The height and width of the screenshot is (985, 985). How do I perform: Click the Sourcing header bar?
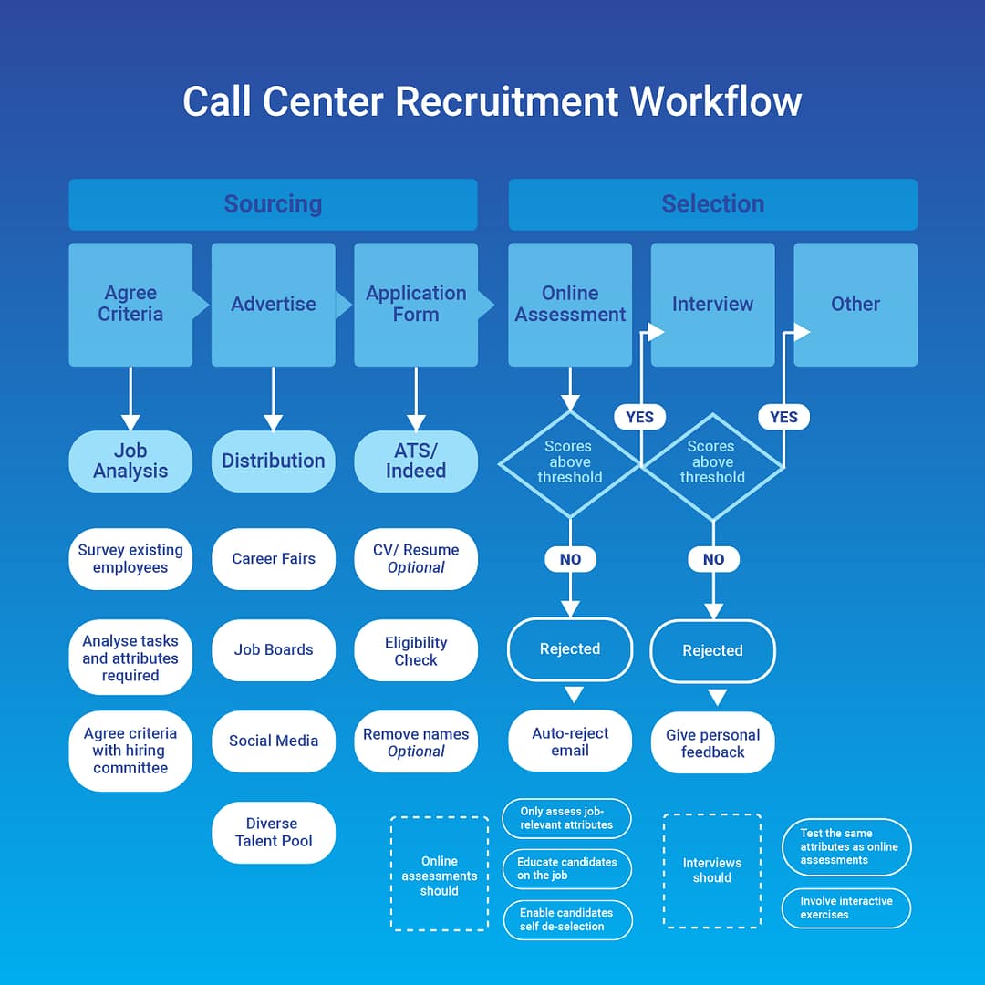pos(273,203)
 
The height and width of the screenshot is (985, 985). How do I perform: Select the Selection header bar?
pos(712,203)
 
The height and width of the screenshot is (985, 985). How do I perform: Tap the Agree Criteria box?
pos(130,304)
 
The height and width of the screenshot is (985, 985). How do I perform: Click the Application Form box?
pos(416,304)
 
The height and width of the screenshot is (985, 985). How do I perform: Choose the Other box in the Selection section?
pos(855,304)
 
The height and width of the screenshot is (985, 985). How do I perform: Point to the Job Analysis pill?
pos(130,461)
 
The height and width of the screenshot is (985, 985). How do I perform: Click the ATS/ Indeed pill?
pos(416,461)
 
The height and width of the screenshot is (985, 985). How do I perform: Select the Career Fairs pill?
pos(274,558)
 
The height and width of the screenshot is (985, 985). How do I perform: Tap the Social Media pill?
pos(274,741)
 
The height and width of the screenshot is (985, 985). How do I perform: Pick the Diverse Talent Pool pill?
pos(274,832)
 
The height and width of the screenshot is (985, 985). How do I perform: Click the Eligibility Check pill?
pos(416,650)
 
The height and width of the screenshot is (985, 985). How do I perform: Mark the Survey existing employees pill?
pos(130,558)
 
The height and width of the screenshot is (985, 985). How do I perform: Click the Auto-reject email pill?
pos(570,741)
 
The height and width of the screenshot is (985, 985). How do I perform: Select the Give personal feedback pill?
pos(712,742)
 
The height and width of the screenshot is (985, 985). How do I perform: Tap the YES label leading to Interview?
pos(639,417)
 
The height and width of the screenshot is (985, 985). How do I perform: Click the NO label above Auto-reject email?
pos(570,559)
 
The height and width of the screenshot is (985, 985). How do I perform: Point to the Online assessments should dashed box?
pos(439,874)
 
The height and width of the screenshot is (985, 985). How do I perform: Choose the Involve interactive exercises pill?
pos(846,907)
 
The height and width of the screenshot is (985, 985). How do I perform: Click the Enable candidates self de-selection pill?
pos(566,919)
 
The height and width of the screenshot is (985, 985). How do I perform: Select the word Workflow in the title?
pos(716,100)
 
